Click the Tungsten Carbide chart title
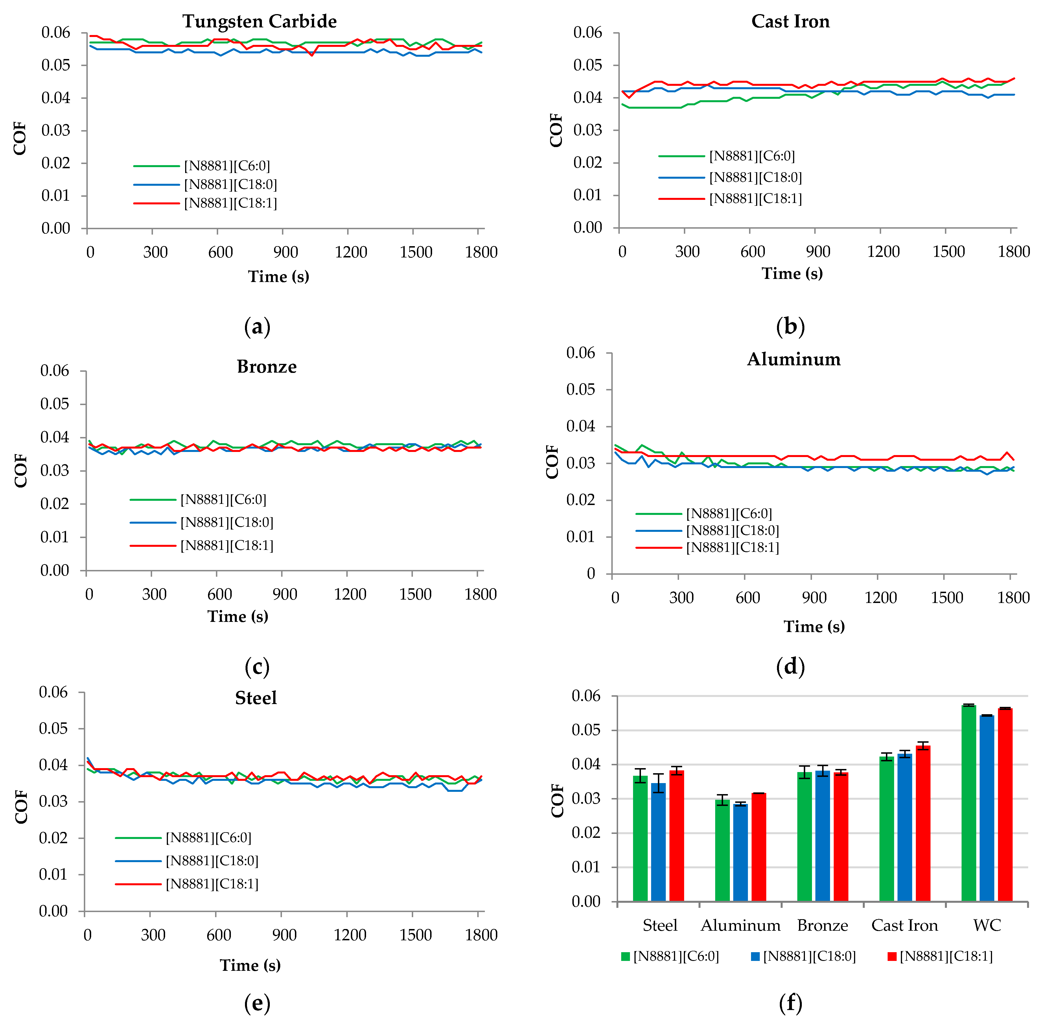point(259,21)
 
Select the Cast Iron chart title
point(790,21)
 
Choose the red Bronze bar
point(841,837)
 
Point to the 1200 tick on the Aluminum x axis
point(881,598)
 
